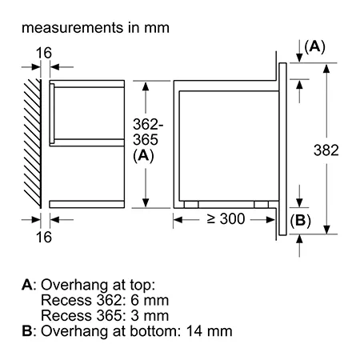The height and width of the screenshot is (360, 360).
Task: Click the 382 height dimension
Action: pyautogui.click(x=326, y=150)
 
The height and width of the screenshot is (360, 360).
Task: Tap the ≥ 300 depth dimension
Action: pyautogui.click(x=226, y=219)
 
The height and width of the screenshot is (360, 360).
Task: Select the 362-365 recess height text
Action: pyautogui.click(x=148, y=132)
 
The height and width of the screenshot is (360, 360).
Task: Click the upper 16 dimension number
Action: pyautogui.click(x=44, y=53)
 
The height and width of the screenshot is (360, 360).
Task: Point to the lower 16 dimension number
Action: pyautogui.click(x=44, y=237)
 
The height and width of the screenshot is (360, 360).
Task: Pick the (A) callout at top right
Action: pyautogui.click(x=315, y=47)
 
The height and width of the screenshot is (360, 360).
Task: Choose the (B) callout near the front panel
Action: pyautogui.click(x=301, y=221)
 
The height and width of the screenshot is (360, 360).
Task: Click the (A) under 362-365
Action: pyautogui.click(x=143, y=156)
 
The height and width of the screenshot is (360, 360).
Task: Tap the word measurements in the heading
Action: pyautogui.click(x=73, y=28)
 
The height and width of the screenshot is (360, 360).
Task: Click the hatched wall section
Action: pyautogui.click(x=33, y=143)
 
